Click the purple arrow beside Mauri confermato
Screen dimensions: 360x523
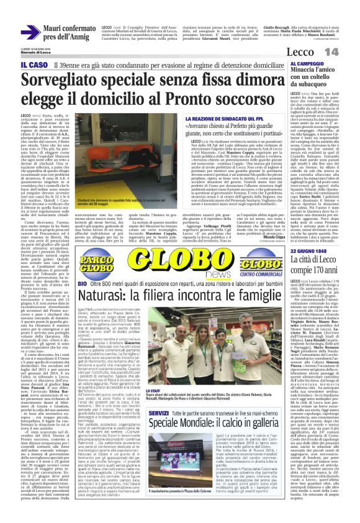29,32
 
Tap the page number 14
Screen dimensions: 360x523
348,50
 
